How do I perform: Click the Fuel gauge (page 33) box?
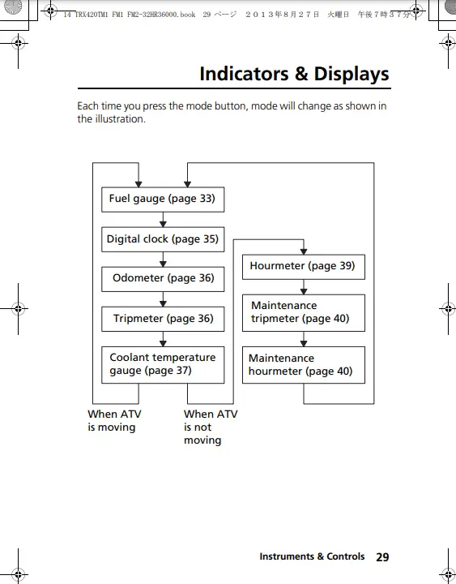tap(163, 200)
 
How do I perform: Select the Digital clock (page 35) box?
tap(163, 239)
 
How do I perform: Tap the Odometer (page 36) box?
tap(163, 279)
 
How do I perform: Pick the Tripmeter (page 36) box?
tap(163, 320)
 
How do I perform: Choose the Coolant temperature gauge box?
tap(163, 365)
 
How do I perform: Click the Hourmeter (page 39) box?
tap(304, 267)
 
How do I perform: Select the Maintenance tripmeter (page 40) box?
tap(304, 313)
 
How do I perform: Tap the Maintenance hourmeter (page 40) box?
tap(304, 365)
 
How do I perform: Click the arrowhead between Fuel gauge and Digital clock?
tap(163, 224)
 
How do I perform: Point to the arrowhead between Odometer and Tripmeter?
tap(163, 304)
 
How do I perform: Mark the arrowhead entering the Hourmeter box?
tap(304, 251)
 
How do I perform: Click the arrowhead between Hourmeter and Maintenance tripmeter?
tap(304, 292)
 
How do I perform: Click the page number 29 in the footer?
tap(382, 557)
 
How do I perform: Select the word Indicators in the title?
tap(244, 74)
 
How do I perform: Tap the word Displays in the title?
tap(352, 75)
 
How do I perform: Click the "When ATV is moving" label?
tap(114, 420)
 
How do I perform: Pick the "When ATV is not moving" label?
tap(211, 427)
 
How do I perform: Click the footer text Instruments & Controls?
tap(312, 556)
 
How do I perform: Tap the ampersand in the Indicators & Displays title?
tap(301, 74)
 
